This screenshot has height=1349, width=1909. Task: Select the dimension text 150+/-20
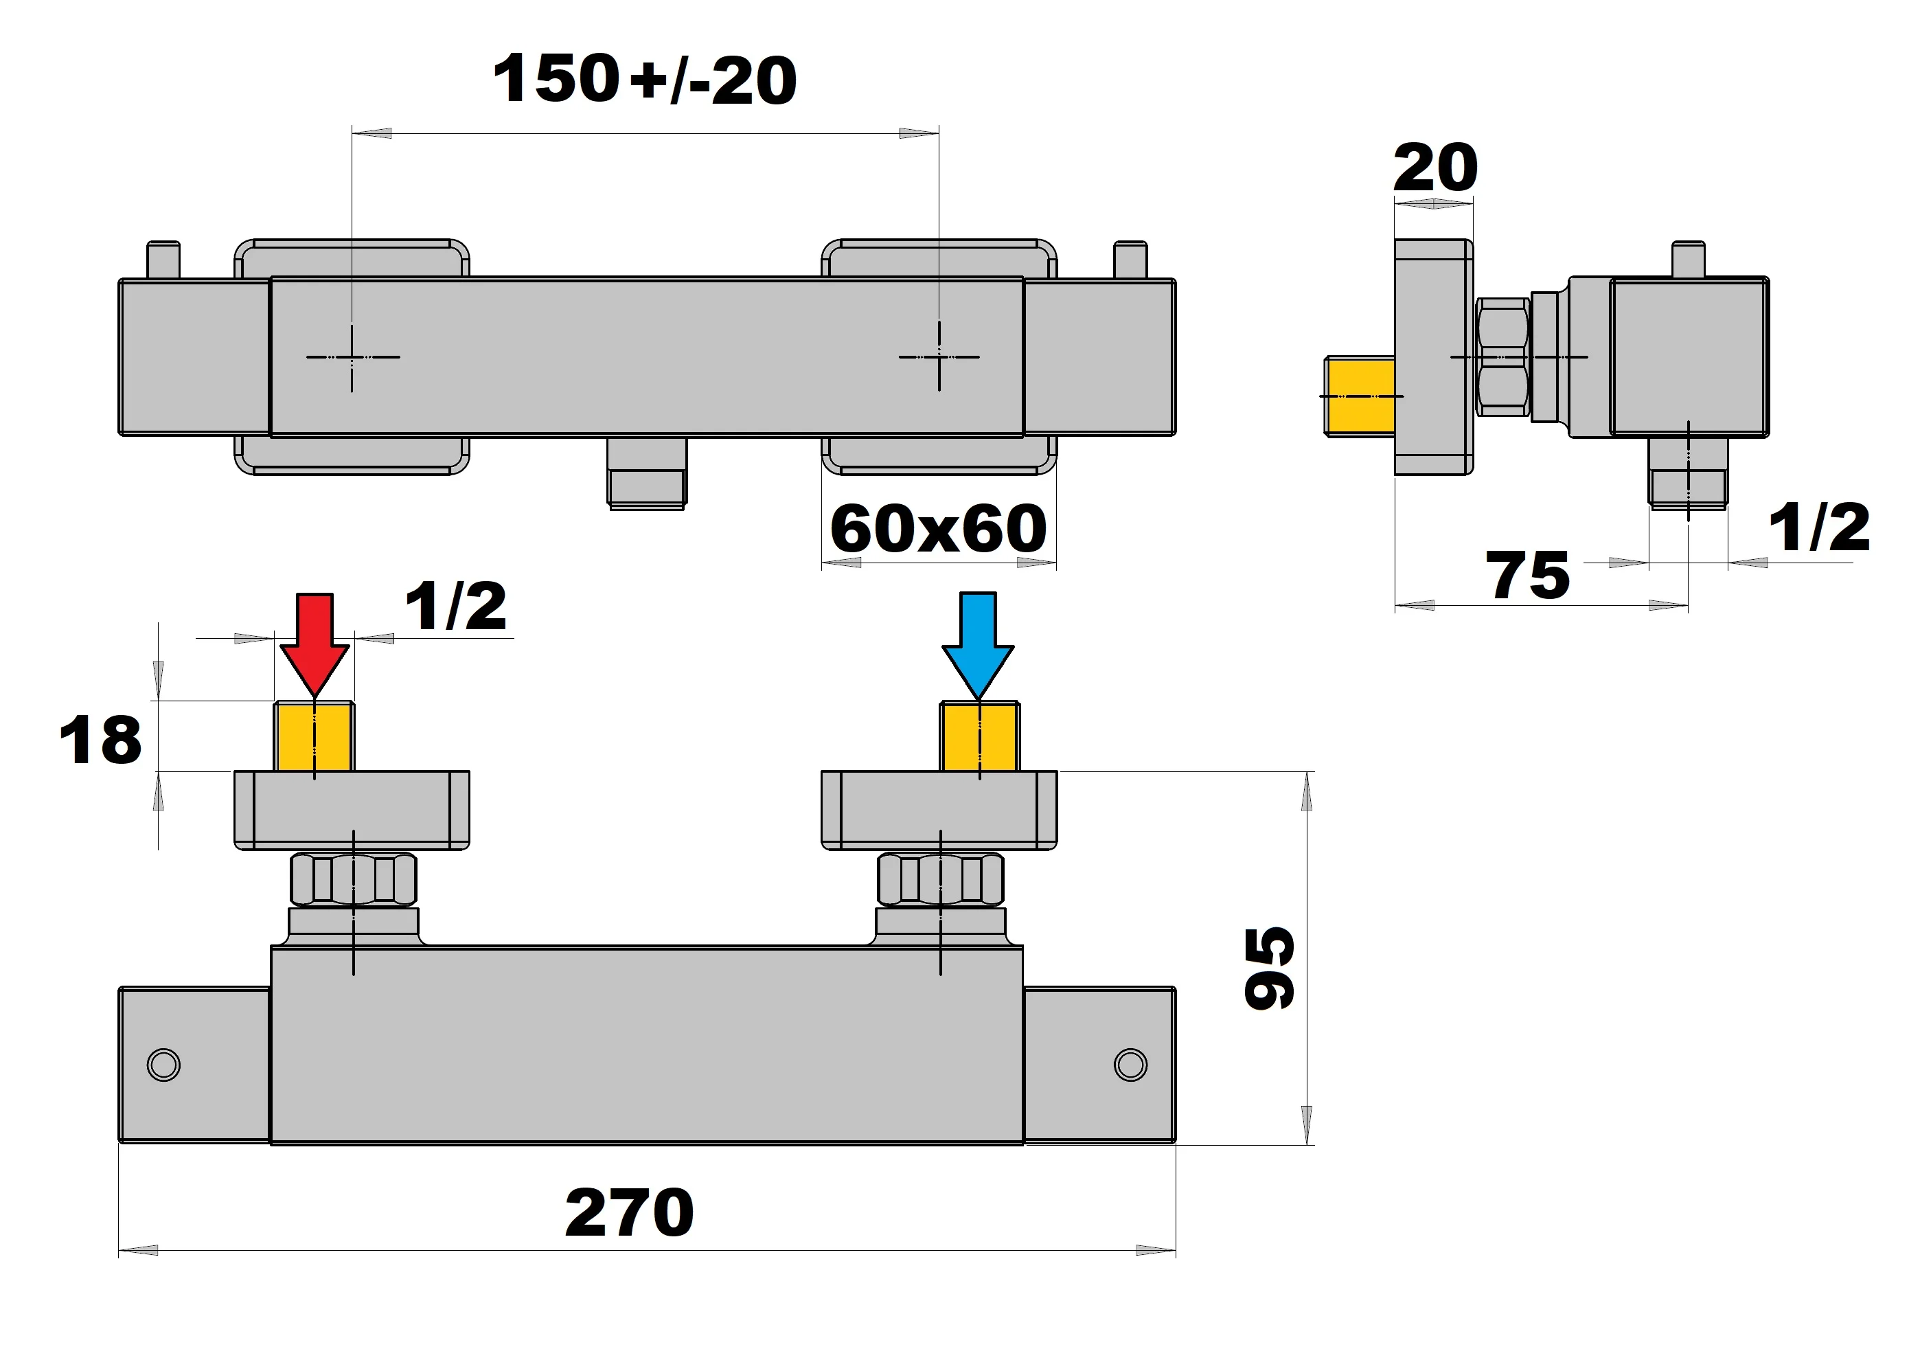644,80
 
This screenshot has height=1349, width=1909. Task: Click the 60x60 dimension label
938,529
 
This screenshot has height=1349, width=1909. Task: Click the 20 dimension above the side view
1435,169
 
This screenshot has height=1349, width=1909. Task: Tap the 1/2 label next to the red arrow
456,607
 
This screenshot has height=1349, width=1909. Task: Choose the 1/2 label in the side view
1818,528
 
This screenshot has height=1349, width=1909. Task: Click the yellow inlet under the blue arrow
979,737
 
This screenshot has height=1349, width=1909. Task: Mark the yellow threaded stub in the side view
1360,396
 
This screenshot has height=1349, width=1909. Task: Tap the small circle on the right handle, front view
1130,1065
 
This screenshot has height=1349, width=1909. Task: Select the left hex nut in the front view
354,879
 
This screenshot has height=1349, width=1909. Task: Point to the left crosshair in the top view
352,356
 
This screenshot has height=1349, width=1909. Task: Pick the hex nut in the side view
1503,356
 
